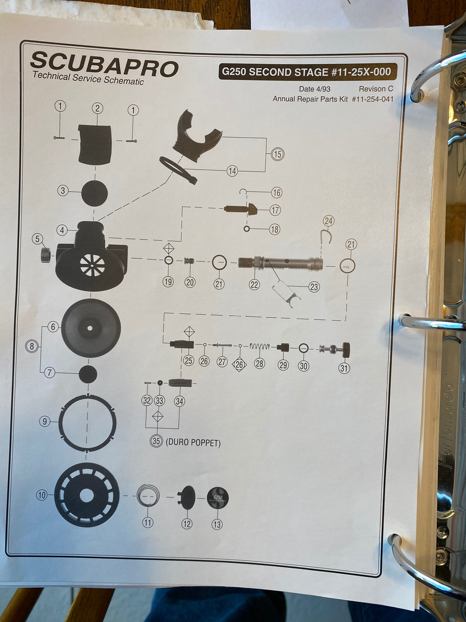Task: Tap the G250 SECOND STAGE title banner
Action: tap(307, 72)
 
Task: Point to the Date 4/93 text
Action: tap(314, 89)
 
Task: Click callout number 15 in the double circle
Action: tap(278, 154)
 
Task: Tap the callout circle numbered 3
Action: tap(63, 191)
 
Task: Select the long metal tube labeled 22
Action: tap(280, 264)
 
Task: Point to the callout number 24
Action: tap(329, 221)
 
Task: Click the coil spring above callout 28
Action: tap(260, 346)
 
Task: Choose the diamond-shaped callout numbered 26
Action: tap(239, 365)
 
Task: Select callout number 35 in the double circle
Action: tap(156, 441)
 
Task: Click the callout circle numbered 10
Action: tap(42, 495)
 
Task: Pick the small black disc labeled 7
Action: tap(88, 374)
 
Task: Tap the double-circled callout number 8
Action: tap(32, 346)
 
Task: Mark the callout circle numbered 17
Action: tap(275, 211)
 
